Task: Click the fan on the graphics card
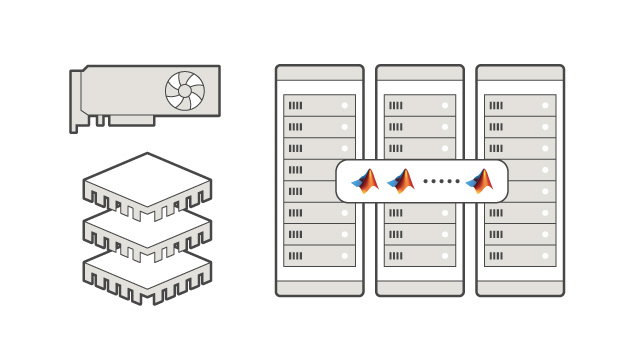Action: pos(185,91)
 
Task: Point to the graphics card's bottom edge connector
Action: pos(131,120)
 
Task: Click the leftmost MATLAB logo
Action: pos(365,181)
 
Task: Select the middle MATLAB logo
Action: pos(401,181)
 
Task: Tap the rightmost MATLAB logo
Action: pos(480,181)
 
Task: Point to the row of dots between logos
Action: pos(440,182)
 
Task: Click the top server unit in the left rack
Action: pos(319,105)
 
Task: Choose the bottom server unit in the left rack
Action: pos(319,256)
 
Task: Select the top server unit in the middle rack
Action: pos(419,105)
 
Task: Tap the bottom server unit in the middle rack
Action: pos(419,256)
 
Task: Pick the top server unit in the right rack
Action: pos(519,105)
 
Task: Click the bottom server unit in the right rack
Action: pos(519,256)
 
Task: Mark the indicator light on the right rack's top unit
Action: pos(544,105)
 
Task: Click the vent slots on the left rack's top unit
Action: pos(296,105)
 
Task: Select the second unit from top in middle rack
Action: pos(419,127)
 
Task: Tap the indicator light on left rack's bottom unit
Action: pos(344,256)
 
